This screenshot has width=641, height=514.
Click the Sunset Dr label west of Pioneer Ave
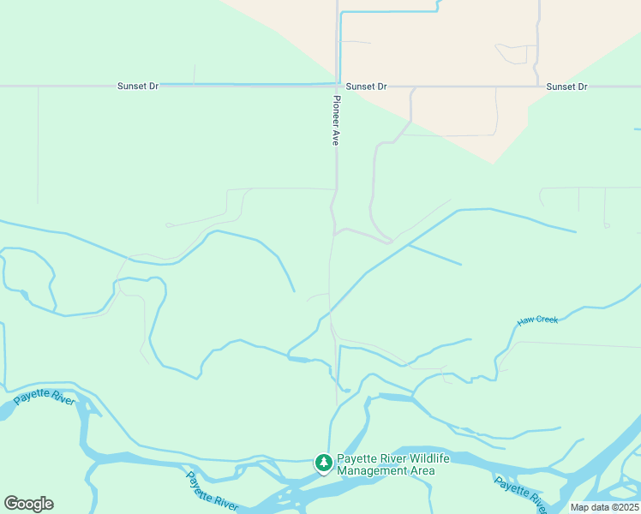(138, 87)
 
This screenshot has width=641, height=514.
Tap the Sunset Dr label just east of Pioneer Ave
(367, 87)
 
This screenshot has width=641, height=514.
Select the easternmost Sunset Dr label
(566, 87)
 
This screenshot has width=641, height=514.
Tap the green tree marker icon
(324, 463)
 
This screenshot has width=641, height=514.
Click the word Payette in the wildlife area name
(356, 458)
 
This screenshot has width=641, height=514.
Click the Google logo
(28, 503)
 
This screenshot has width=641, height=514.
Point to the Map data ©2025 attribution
(604, 507)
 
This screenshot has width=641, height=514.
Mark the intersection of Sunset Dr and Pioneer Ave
(338, 87)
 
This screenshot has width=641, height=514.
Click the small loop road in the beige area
(514, 54)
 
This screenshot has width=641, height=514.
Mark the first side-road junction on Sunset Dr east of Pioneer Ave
(414, 87)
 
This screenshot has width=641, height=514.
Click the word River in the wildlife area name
(388, 458)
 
